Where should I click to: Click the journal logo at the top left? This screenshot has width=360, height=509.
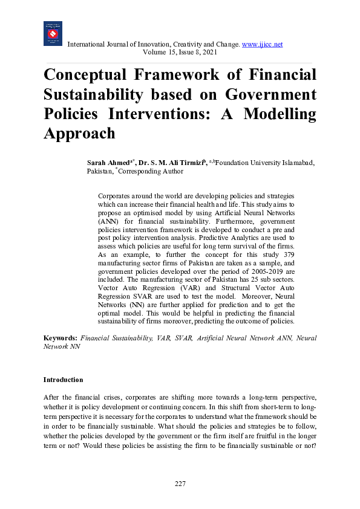coord(53,33)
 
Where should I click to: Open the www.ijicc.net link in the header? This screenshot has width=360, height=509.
coord(262,45)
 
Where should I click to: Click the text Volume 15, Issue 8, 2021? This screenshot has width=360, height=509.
coord(180,53)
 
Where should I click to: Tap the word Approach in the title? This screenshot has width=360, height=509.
coord(79,134)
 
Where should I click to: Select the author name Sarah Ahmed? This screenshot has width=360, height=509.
coord(108,163)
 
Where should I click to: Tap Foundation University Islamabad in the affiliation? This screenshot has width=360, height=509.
coord(264,163)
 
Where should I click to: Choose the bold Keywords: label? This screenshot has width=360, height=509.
coord(61,339)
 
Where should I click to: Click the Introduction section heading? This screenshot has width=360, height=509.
coord(63,380)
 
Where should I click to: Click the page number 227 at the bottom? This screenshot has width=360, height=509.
coord(180,484)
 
